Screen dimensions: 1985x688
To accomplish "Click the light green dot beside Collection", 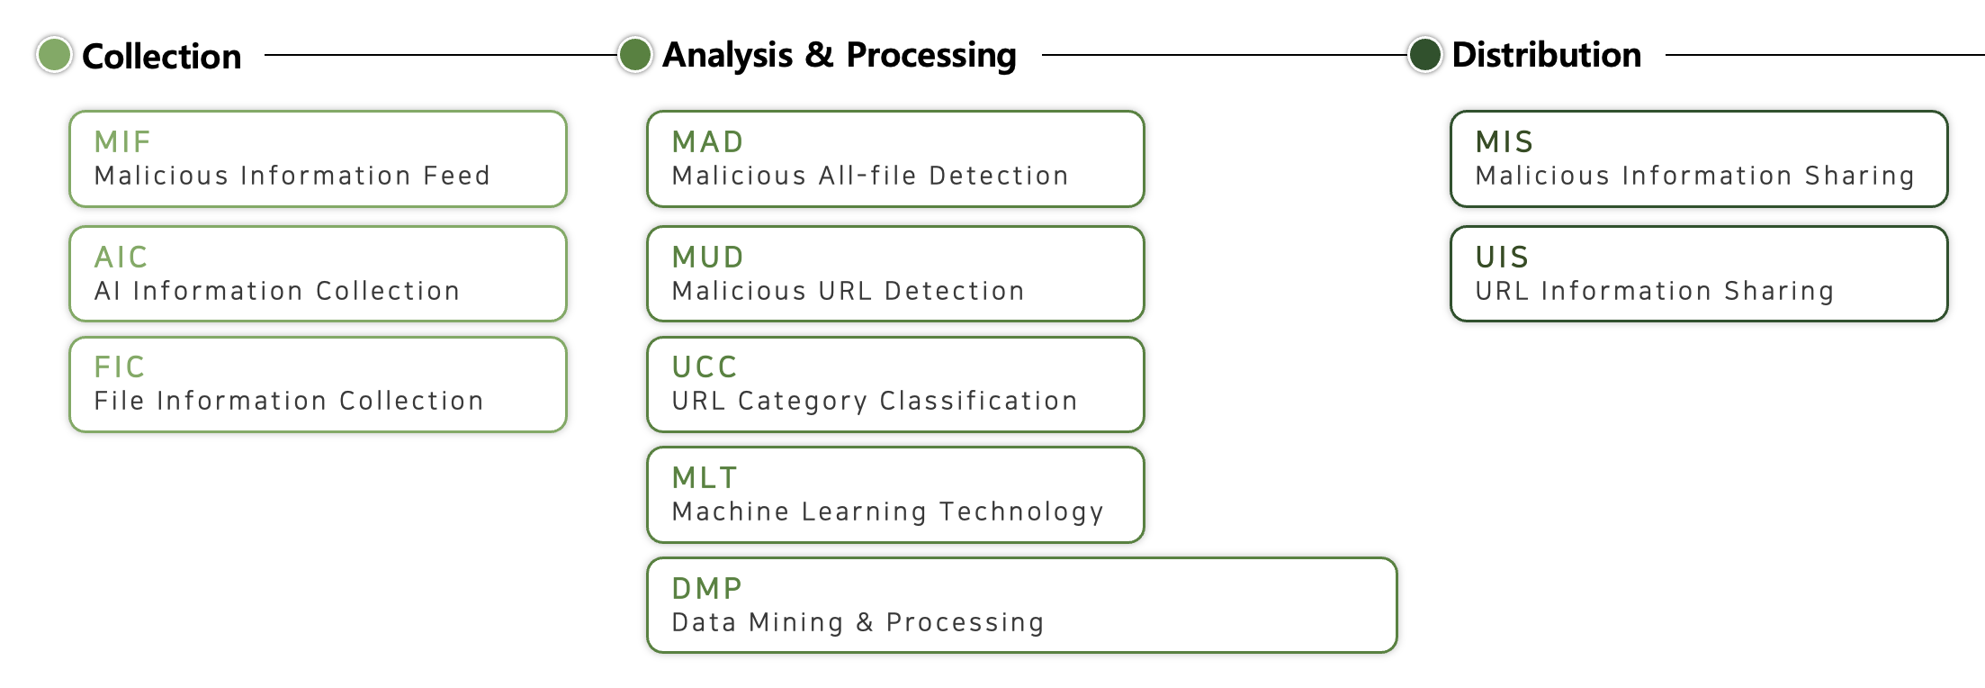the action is point(54,55).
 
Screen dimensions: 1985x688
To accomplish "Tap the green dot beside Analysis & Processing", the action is point(635,54).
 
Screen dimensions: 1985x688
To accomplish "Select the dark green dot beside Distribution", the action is point(1424,54).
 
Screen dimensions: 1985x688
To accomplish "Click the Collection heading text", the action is point(162,56).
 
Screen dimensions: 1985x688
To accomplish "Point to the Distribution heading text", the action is point(1547,55).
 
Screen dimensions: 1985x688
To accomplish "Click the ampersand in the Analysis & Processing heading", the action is point(820,55).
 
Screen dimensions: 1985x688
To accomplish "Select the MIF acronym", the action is point(122,141).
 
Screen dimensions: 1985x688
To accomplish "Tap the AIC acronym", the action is point(121,257).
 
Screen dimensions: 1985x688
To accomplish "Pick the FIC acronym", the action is point(119,367).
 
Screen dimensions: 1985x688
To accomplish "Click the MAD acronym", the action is point(708,141).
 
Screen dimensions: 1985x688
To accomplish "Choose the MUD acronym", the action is point(708,257).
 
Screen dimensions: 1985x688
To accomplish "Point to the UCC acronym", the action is point(705,367).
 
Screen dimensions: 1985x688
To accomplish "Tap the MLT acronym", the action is point(705,477).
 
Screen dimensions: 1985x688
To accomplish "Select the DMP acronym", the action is point(707,588).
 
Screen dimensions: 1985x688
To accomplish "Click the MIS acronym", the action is point(1504,141).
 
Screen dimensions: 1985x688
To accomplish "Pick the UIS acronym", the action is point(1502,257).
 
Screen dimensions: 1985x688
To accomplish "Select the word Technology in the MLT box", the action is point(1021,512).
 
